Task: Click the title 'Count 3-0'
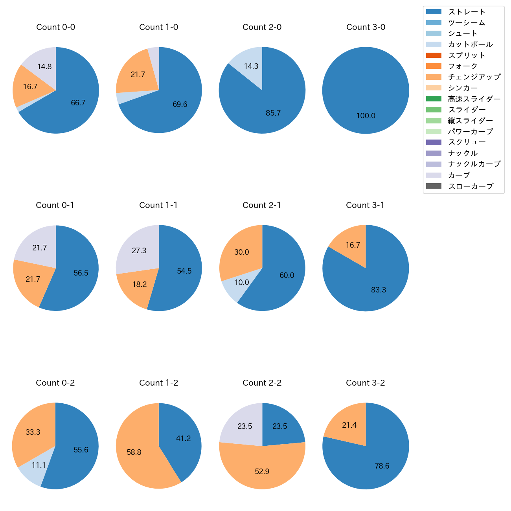coord(366,27)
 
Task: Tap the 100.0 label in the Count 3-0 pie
coord(366,116)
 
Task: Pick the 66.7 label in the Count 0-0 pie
coord(78,103)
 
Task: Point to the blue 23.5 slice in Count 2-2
coord(280,426)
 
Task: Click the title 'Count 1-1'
coord(158,205)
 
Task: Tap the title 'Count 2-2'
coord(262,383)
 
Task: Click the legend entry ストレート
coord(467,12)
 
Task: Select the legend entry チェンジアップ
coord(474,77)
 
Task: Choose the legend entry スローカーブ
coord(471,186)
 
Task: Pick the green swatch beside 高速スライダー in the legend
coord(434,99)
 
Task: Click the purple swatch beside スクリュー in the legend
coord(434,142)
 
